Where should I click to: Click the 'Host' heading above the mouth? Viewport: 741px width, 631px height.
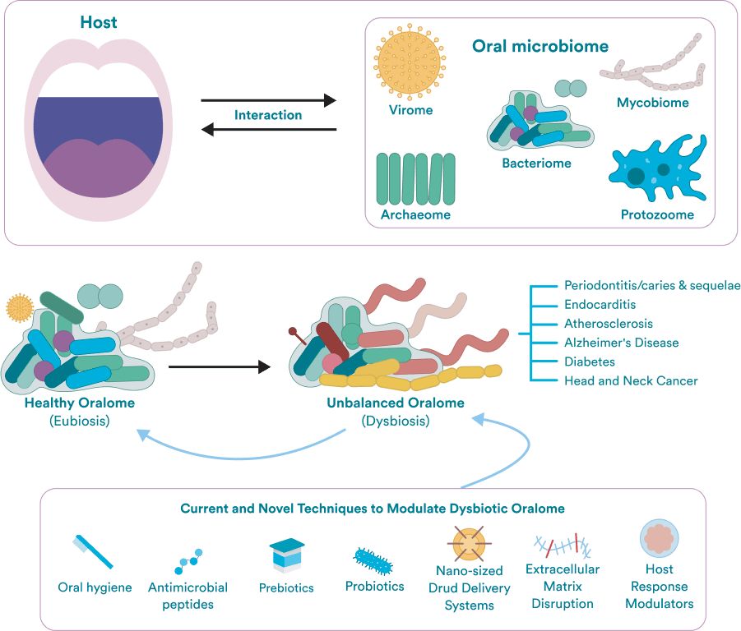[99, 22]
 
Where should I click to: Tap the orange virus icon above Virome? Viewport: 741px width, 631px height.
[410, 62]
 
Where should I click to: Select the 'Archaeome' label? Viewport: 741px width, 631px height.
[415, 214]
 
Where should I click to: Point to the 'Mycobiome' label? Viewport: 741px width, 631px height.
[653, 103]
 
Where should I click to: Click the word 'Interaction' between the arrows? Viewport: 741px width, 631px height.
[268, 115]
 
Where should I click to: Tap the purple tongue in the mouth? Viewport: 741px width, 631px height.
[100, 168]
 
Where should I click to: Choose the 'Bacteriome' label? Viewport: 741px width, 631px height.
[536, 164]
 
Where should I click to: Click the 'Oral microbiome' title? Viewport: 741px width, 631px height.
[540, 46]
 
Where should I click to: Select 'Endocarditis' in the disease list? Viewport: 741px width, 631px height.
[600, 305]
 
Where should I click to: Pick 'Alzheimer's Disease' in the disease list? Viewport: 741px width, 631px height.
[622, 343]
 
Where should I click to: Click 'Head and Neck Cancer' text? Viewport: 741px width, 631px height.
[631, 381]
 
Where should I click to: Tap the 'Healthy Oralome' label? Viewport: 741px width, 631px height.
[80, 403]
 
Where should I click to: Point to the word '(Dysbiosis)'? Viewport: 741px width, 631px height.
[396, 421]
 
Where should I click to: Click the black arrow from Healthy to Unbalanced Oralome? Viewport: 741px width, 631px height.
[220, 366]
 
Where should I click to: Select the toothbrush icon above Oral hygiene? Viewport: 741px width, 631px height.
[93, 551]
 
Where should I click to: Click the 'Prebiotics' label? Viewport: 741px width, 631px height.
[286, 587]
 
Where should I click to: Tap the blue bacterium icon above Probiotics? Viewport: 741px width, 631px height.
[373, 561]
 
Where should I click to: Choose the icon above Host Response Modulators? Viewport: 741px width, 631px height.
[660, 538]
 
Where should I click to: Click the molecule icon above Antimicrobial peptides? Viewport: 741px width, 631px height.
[188, 561]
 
